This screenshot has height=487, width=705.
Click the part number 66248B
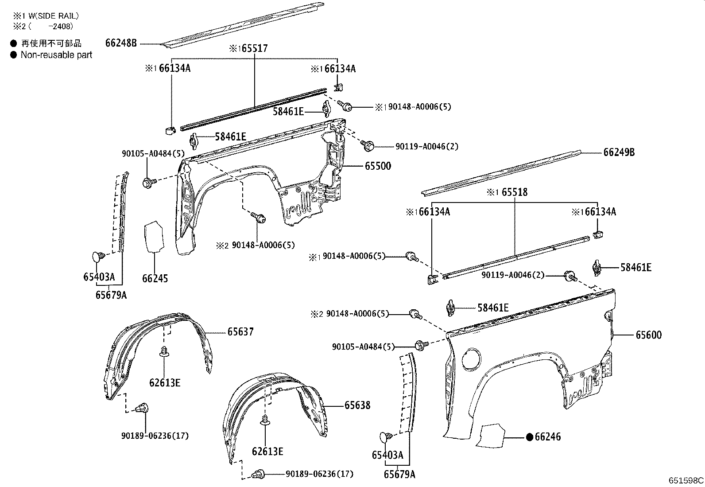(121, 43)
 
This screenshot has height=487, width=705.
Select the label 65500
(378, 166)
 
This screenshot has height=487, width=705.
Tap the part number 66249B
(619, 152)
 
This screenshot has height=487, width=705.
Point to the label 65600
(648, 335)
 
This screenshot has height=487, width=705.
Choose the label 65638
(357, 405)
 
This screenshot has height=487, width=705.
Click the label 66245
(155, 279)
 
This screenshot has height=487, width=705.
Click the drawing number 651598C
(686, 480)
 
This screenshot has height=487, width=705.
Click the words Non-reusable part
(56, 55)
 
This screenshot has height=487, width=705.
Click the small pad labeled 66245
(153, 236)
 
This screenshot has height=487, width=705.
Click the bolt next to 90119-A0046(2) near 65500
(368, 144)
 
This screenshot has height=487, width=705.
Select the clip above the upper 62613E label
(165, 351)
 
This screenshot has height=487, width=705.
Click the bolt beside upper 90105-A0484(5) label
(149, 182)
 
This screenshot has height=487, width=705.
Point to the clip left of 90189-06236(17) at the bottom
(256, 475)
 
